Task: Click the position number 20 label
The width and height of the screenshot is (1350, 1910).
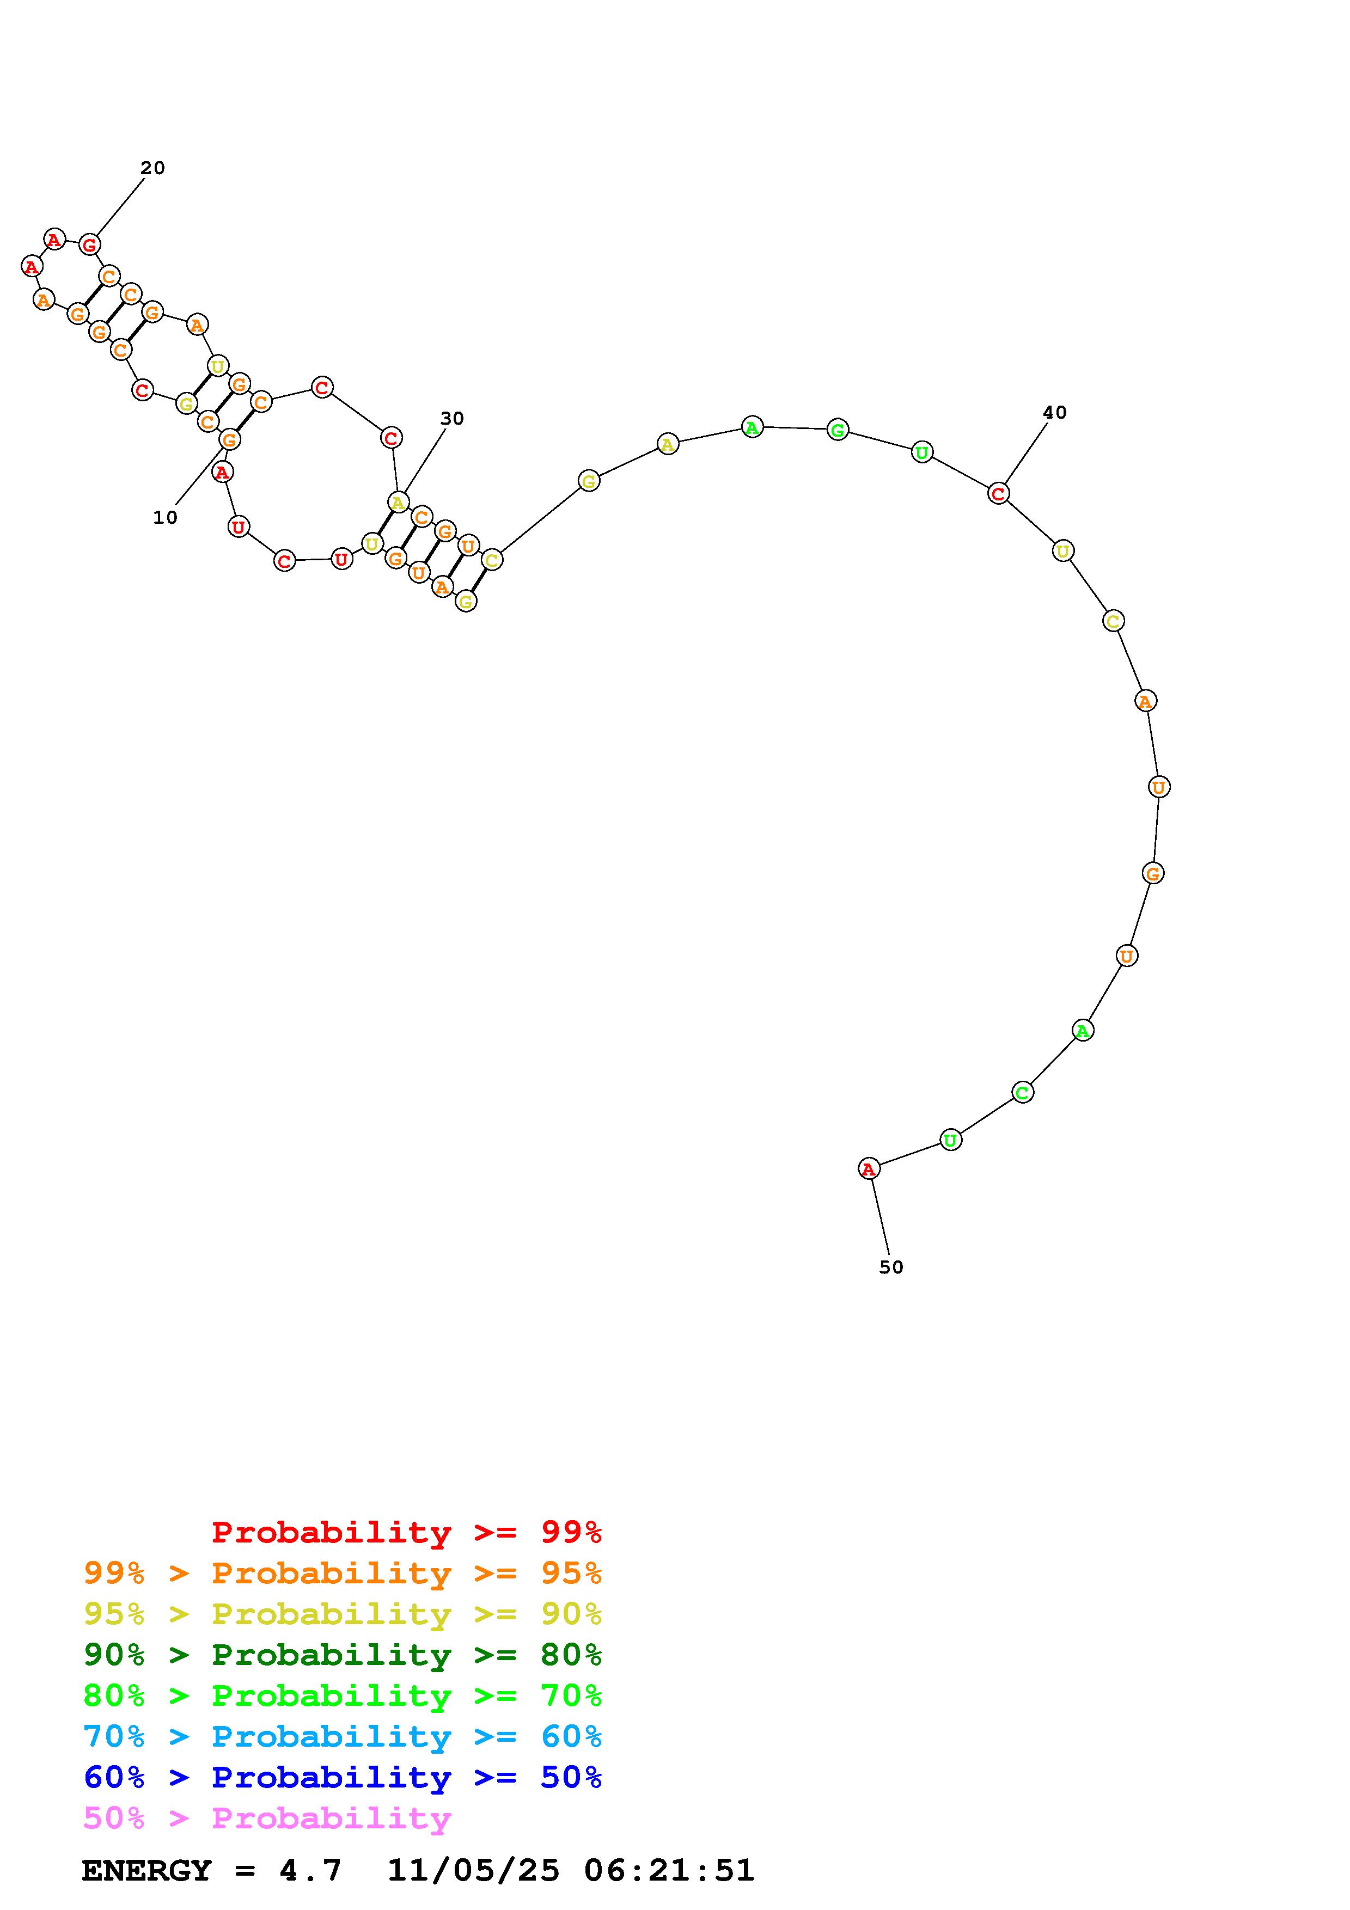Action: [152, 168]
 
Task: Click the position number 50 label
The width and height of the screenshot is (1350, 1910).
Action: [891, 1267]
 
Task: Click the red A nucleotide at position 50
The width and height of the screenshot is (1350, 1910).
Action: [869, 1169]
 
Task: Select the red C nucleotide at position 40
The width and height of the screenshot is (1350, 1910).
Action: [998, 493]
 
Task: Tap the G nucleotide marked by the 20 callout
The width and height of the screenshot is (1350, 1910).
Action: [89, 244]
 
